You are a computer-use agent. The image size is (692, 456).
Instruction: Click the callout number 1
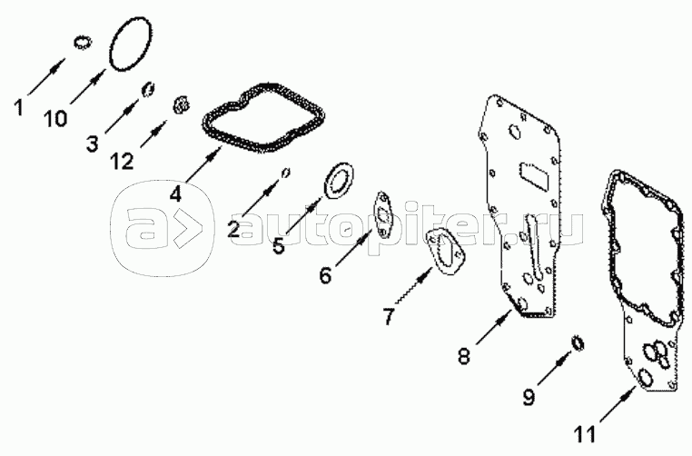(x=18, y=108)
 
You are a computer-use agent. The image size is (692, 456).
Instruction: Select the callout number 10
(x=55, y=119)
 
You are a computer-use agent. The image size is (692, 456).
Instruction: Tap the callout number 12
(x=122, y=162)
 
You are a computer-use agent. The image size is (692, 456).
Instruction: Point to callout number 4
(x=175, y=193)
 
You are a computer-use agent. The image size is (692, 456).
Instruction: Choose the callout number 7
(x=388, y=316)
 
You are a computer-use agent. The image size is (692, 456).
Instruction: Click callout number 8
(x=463, y=356)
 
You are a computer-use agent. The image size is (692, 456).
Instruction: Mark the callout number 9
(x=529, y=396)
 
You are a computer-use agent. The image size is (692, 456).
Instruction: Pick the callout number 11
(x=585, y=434)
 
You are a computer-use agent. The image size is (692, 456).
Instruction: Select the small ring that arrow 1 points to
(x=82, y=43)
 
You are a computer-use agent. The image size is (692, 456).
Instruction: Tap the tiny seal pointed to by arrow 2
(x=286, y=173)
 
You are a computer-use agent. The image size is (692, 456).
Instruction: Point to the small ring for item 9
(x=577, y=343)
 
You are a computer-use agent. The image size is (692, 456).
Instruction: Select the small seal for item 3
(x=148, y=89)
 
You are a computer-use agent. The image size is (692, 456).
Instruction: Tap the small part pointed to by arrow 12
(x=181, y=105)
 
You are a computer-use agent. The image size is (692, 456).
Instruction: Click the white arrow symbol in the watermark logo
(x=186, y=228)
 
